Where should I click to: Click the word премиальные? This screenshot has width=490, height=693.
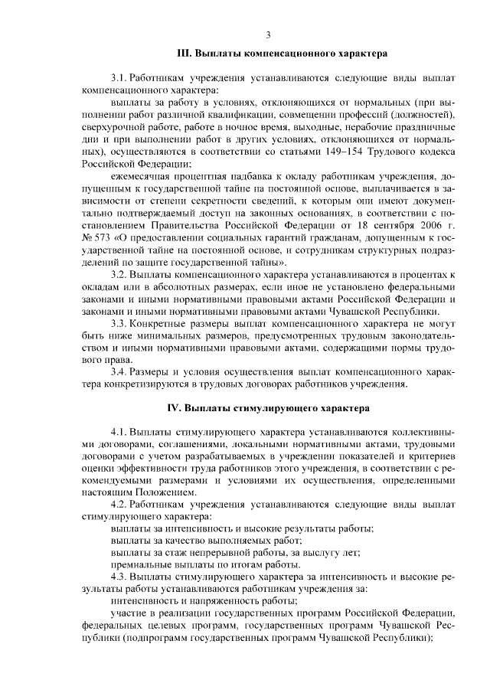(140, 564)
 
